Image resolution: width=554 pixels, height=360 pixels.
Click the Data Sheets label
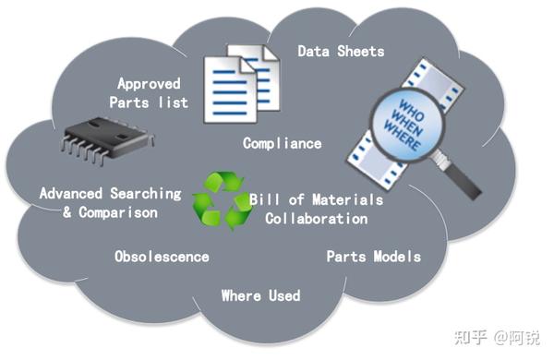pyautogui.click(x=340, y=51)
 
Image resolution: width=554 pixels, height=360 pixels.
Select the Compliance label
pyautogui.click(x=282, y=143)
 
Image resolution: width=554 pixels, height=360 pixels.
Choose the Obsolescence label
pyautogui.click(x=162, y=256)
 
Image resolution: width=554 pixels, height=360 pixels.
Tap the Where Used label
pyautogui.click(x=260, y=295)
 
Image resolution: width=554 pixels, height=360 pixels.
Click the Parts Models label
pyautogui.click(x=373, y=256)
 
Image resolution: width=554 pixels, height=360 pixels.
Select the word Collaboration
pyautogui.click(x=316, y=219)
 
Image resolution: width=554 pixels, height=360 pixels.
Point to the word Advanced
pyautogui.click(x=71, y=194)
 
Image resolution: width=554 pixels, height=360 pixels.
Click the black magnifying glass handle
pyautogui.click(x=464, y=180)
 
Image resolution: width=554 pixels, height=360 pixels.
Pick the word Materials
pyautogui.click(x=350, y=200)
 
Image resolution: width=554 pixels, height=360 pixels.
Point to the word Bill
pyautogui.click(x=265, y=200)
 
